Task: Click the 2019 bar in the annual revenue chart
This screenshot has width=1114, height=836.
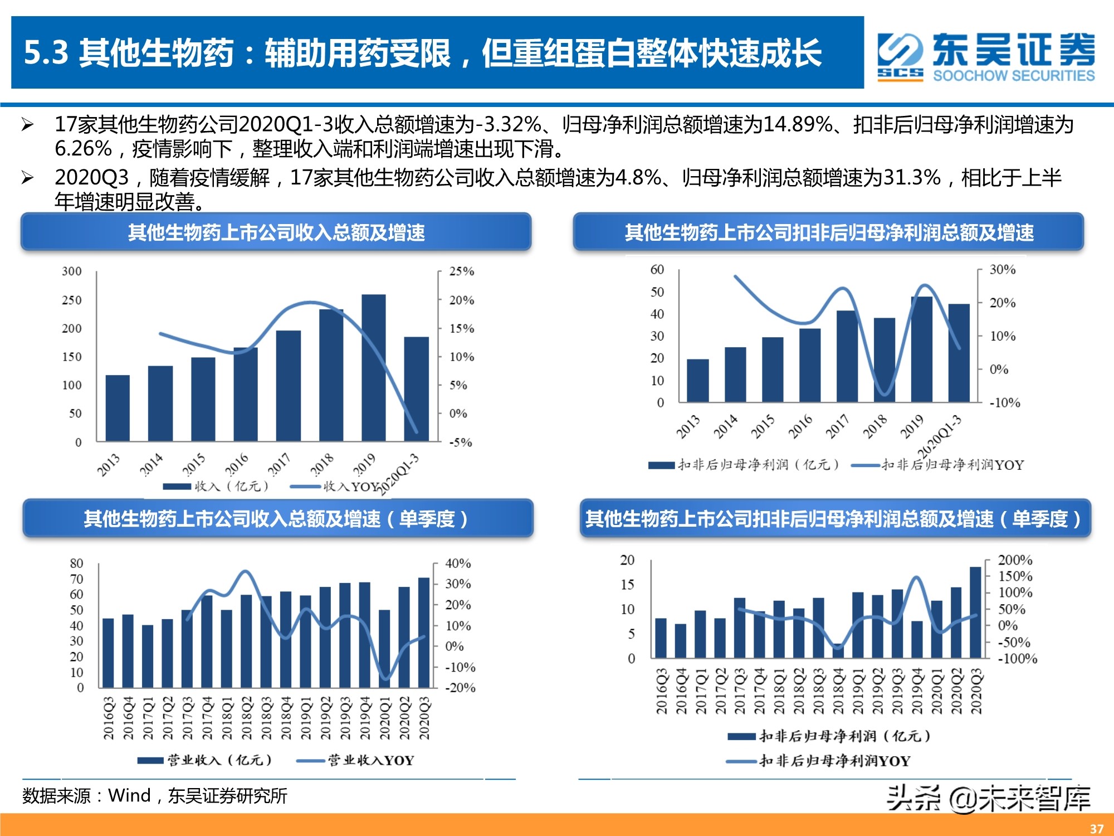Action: (374, 368)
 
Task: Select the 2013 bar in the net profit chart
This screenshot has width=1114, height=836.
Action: (698, 381)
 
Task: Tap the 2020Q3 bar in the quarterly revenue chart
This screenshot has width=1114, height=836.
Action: (424, 633)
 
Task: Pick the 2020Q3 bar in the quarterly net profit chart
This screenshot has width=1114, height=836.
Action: (975, 613)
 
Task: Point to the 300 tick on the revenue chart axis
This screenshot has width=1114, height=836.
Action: (72, 271)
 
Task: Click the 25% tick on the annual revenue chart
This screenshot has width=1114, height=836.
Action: (462, 271)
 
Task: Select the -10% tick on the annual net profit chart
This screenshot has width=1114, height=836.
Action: (1004, 402)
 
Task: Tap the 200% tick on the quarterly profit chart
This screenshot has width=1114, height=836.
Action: (1015, 560)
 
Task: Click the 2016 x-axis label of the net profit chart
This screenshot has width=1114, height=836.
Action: (800, 426)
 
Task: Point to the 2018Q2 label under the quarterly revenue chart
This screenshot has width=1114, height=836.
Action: (247, 718)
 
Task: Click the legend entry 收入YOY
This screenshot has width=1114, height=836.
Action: (351, 487)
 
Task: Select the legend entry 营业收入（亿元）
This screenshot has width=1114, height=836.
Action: (220, 760)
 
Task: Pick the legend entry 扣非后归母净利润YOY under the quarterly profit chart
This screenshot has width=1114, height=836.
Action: (834, 761)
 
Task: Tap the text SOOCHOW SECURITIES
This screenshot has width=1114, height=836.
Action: (1014, 76)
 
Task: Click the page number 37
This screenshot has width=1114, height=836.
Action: (1096, 828)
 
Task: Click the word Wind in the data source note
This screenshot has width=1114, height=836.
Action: (129, 795)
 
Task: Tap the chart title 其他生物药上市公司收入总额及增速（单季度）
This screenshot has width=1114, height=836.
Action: (277, 519)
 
